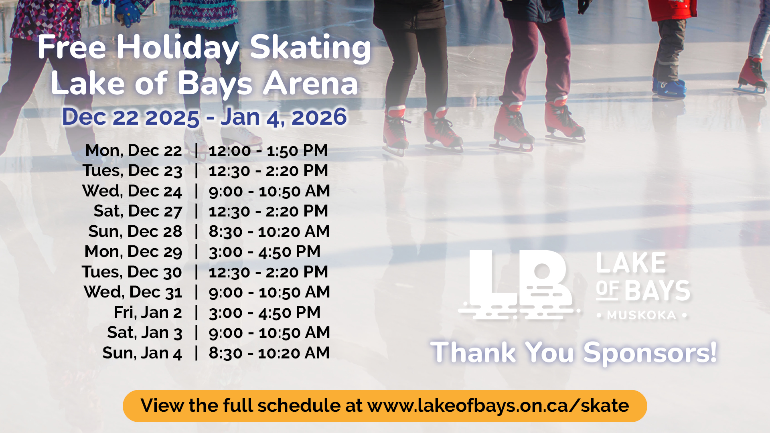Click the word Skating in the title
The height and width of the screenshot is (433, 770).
pyautogui.click(x=310, y=49)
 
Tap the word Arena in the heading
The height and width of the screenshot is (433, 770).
pyautogui.click(x=310, y=83)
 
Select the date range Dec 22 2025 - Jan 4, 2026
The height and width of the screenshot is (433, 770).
pyautogui.click(x=205, y=117)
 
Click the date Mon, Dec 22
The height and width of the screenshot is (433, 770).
pyautogui.click(x=134, y=151)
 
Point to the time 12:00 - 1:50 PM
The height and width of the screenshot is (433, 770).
pyautogui.click(x=268, y=151)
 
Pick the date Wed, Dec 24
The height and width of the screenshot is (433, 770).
pyautogui.click(x=132, y=192)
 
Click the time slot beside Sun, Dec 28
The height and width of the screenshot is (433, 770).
pyautogui.click(x=269, y=232)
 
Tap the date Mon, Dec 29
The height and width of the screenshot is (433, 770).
pyautogui.click(x=133, y=252)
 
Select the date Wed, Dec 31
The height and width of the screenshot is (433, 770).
pyautogui.click(x=133, y=293)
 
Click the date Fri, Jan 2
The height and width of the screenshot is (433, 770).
pyautogui.click(x=148, y=313)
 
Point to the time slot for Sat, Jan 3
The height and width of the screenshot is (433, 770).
pyautogui.click(x=269, y=333)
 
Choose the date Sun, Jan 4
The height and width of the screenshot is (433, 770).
pyautogui.click(x=142, y=353)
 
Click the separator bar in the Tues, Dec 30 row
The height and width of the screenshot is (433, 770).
pyautogui.click(x=197, y=272)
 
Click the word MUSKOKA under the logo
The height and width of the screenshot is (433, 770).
pyautogui.click(x=642, y=316)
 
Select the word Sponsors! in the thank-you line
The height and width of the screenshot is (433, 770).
pyautogui.click(x=650, y=353)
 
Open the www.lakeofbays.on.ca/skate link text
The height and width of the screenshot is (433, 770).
pyautogui.click(x=498, y=406)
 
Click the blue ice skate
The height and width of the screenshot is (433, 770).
pyautogui.click(x=669, y=87)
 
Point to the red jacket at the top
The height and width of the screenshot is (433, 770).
pyautogui.click(x=672, y=10)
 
